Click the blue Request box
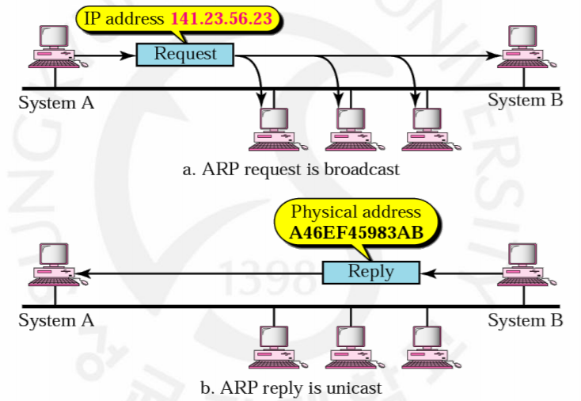coord(185,54)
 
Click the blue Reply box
coord(370,272)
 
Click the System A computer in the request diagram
coord(54,46)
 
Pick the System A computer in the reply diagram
coord(54,265)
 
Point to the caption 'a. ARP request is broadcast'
coord(290,169)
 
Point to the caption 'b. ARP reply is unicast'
coord(290,388)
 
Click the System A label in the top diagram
coord(55,101)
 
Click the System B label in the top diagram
coord(526,101)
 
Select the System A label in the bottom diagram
coord(55,320)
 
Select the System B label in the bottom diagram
coord(526,320)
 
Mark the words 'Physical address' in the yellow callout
coord(355,212)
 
